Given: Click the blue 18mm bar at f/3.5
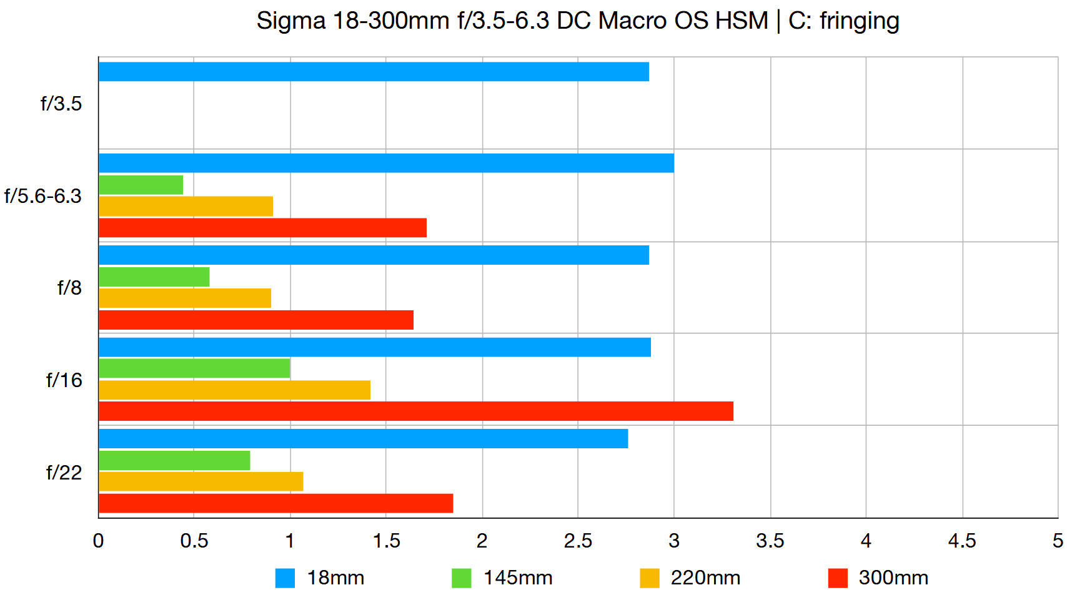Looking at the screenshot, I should click(x=374, y=72).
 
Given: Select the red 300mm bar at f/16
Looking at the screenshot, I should click(x=416, y=411).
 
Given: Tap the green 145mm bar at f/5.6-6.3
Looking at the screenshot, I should click(x=141, y=185).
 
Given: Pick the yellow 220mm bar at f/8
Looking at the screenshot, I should click(x=185, y=298).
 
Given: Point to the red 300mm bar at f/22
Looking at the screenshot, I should click(x=275, y=503).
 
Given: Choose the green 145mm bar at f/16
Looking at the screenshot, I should click(x=194, y=368).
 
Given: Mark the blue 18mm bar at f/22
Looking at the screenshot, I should click(x=363, y=439).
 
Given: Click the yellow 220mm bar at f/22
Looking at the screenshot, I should click(x=201, y=481).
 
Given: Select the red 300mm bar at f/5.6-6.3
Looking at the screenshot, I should click(x=262, y=228).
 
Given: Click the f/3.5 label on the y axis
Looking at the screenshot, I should click(x=61, y=104).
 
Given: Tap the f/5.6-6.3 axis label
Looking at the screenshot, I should click(x=43, y=196).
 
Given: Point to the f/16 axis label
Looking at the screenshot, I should click(x=64, y=380).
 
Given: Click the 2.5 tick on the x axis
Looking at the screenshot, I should click(x=578, y=541).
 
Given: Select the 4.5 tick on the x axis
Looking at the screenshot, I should click(x=962, y=541).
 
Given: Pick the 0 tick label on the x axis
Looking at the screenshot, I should click(x=98, y=541).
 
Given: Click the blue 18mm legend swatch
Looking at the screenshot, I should click(x=285, y=578).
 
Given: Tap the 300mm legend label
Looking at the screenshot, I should click(x=893, y=578).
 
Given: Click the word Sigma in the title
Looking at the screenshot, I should click(x=291, y=21).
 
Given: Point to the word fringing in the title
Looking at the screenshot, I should click(x=859, y=21).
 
